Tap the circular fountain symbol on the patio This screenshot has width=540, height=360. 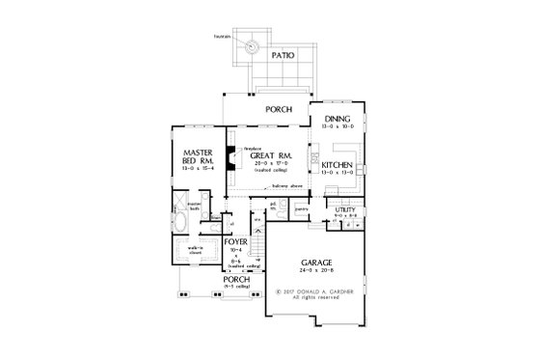[252, 44]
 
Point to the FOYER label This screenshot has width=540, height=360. [237, 241]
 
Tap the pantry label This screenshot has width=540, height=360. [302, 208]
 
